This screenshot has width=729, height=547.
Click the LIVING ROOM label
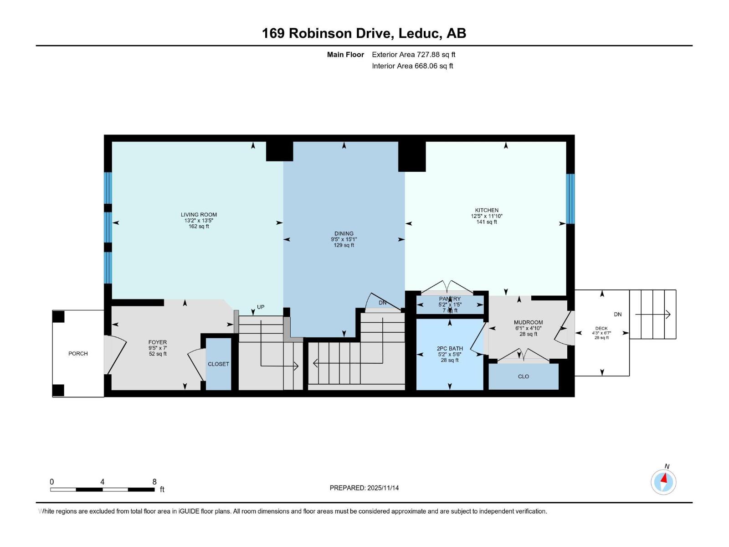199,215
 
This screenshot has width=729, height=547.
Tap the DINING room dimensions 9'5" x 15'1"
344,239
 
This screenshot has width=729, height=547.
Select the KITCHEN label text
486,211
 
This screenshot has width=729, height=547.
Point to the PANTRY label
450,299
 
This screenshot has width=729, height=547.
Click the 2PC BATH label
449,349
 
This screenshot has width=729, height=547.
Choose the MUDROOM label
528,322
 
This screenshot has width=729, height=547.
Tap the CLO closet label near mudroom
523,377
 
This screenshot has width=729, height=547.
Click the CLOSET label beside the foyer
218,364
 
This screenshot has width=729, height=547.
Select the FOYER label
158,342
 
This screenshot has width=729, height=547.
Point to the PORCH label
78,354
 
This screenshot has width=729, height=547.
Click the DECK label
601,328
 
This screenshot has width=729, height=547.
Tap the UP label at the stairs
261,307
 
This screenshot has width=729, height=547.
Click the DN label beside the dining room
382,303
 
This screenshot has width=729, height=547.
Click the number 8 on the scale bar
154,482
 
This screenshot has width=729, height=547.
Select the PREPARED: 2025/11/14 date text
364,488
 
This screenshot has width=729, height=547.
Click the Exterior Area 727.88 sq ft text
413,55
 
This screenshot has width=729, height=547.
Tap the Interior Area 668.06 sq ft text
412,66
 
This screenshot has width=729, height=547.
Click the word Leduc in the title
419,33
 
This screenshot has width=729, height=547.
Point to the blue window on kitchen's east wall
570,199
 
